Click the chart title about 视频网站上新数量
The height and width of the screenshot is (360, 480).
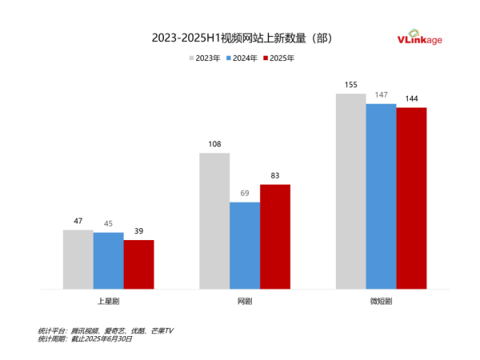pos(241,38)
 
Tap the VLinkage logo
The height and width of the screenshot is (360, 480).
pos(419,38)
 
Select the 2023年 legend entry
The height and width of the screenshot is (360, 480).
pos(204,58)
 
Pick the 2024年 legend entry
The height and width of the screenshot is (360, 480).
pos(243,58)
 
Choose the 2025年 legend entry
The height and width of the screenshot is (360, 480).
pos(279,58)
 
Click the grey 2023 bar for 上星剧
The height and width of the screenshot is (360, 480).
pos(78,259)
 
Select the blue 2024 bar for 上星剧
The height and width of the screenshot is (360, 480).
pos(108,261)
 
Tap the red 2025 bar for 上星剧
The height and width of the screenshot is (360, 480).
pos(138,264)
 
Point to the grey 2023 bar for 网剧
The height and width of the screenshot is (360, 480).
pos(214,221)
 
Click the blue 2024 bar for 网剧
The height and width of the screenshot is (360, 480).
pos(245,245)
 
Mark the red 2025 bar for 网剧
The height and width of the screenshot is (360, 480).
pos(275,237)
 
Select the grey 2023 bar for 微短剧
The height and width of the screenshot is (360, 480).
pos(351,191)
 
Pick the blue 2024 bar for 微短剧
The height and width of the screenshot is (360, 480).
pos(382,196)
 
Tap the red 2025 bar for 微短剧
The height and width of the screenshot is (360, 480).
pos(412,198)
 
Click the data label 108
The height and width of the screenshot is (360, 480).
pos(214,145)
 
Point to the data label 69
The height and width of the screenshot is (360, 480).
pos(245,194)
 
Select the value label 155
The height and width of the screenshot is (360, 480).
pos(351,86)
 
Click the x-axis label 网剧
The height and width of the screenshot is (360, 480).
pos(245,301)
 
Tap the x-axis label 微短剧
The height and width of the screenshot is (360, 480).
pos(382,301)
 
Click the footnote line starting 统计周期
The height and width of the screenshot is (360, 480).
pos(85,339)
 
